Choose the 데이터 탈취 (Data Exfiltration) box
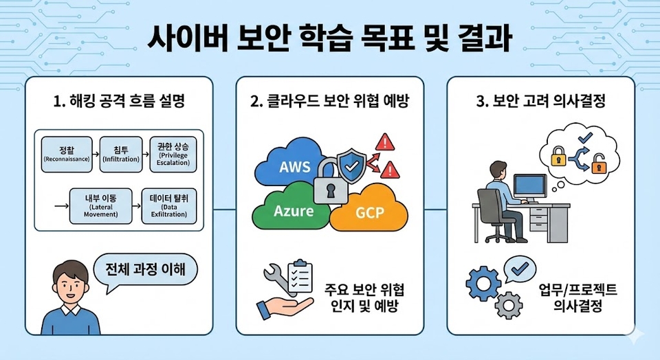(168, 205)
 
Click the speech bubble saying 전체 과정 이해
(144, 269)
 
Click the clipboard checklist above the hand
(298, 276)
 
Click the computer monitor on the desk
(529, 186)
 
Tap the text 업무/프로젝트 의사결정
(577, 297)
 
